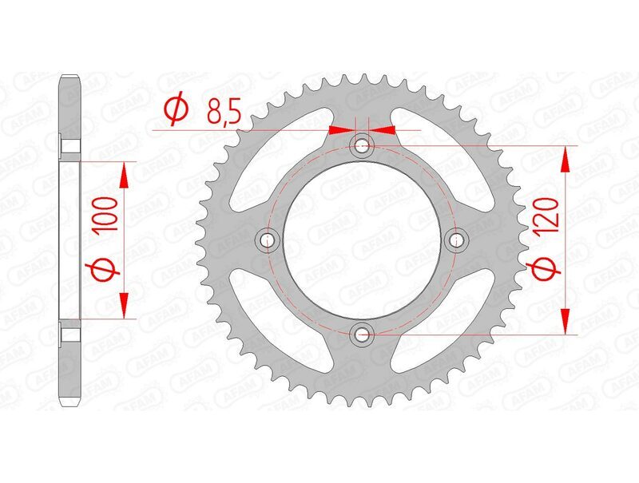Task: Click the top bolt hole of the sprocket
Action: click(362, 145)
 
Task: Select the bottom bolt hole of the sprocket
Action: click(362, 334)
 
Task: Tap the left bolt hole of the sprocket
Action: click(266, 240)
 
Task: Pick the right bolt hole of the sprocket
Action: click(458, 240)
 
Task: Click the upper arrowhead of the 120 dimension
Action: click(566, 159)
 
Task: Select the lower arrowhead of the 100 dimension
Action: click(125, 305)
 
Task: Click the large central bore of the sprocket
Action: click(362, 240)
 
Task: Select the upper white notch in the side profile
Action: click(70, 148)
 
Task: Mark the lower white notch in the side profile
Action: click(70, 331)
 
